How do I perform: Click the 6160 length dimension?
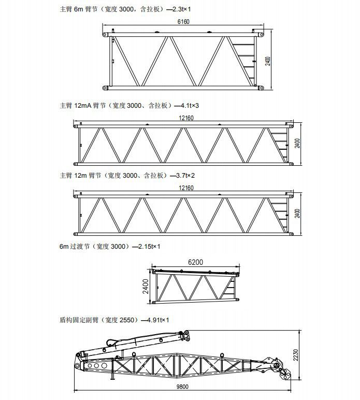[183, 22]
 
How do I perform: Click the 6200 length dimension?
[196, 262]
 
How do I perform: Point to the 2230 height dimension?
[295, 355]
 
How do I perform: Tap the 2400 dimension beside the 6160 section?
[268, 61]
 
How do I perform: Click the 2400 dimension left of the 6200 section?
[146, 286]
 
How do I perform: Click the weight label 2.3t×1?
[181, 9]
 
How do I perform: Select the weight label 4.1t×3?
[190, 105]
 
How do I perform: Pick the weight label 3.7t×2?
[185, 176]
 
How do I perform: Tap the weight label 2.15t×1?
[149, 247]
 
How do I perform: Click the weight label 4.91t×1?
[158, 320]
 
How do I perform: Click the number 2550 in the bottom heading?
[127, 320]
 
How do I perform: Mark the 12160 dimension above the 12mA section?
[186, 118]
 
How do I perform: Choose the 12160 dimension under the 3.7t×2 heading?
[186, 188]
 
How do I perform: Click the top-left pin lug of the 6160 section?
[105, 34]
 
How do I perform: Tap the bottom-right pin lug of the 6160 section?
[261, 88]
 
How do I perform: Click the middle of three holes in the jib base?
[96, 366]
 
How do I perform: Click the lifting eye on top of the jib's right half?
[222, 355]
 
